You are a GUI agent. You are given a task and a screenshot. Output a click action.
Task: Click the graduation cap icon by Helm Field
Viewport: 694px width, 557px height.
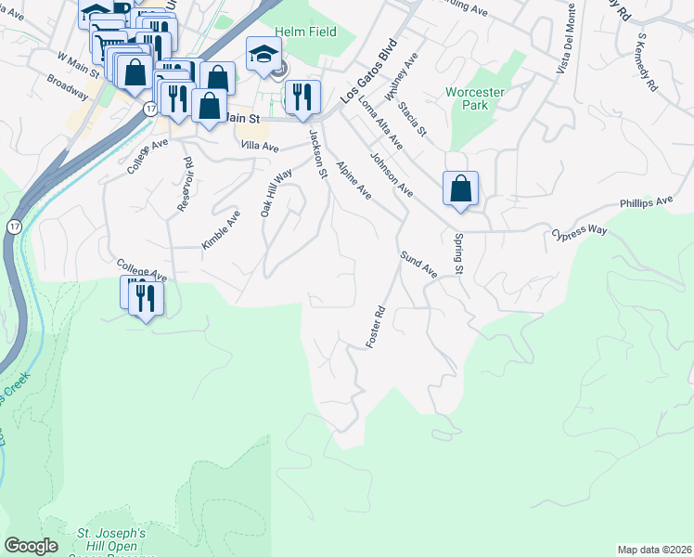pos(263,54)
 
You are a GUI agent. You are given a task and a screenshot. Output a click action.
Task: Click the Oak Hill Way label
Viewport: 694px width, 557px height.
pos(276,192)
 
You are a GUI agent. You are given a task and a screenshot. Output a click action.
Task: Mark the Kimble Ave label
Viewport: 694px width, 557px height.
pos(221,229)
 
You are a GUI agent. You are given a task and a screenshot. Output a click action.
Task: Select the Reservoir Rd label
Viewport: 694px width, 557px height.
pos(186,185)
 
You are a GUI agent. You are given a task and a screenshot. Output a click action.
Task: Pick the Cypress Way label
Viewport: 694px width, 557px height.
pos(579,232)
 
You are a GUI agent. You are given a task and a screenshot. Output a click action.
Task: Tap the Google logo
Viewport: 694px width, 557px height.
pos(31,546)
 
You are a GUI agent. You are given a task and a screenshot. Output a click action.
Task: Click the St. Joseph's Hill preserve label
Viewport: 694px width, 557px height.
pos(110,539)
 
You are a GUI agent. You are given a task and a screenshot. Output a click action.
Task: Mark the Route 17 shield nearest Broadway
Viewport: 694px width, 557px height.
pos(149,109)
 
